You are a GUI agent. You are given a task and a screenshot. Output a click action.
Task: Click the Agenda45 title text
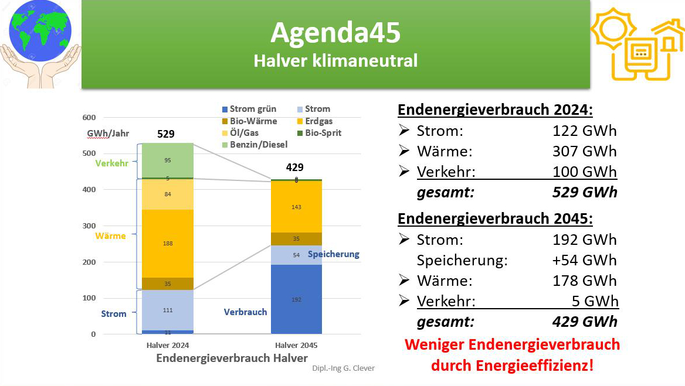(x=335, y=32)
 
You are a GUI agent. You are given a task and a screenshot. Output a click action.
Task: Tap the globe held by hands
(x=40, y=32)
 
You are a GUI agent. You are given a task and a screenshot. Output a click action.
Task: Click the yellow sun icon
(x=614, y=29)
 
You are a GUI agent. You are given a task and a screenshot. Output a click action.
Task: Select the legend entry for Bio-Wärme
(x=249, y=121)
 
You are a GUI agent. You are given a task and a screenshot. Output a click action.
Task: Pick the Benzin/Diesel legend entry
(x=255, y=144)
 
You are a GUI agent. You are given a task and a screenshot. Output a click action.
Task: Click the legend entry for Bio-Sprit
(x=320, y=132)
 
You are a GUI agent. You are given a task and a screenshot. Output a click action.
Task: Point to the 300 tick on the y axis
(x=89, y=226)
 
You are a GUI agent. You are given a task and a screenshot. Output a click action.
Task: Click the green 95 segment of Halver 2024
(x=168, y=160)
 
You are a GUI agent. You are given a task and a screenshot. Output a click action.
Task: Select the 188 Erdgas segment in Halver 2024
(x=168, y=244)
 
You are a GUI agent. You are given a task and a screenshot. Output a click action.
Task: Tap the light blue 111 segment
(x=168, y=310)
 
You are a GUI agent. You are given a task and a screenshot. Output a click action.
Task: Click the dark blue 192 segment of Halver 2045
(x=296, y=299)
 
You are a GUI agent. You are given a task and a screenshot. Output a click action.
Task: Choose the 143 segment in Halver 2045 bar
(x=296, y=207)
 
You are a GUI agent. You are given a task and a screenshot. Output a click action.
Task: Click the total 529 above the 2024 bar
(x=166, y=134)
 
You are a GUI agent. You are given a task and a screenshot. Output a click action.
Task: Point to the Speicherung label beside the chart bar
(x=333, y=254)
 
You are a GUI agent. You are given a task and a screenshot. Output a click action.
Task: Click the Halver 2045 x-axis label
(x=296, y=345)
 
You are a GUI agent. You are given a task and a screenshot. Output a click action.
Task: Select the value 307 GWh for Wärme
(x=585, y=151)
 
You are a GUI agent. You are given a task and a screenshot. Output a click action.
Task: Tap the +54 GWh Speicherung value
(x=585, y=261)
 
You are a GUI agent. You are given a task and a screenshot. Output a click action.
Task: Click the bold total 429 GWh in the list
(x=585, y=322)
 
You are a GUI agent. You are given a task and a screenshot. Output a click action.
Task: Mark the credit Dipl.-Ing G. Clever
(x=343, y=368)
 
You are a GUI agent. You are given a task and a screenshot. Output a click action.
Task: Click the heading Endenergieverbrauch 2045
(x=495, y=218)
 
